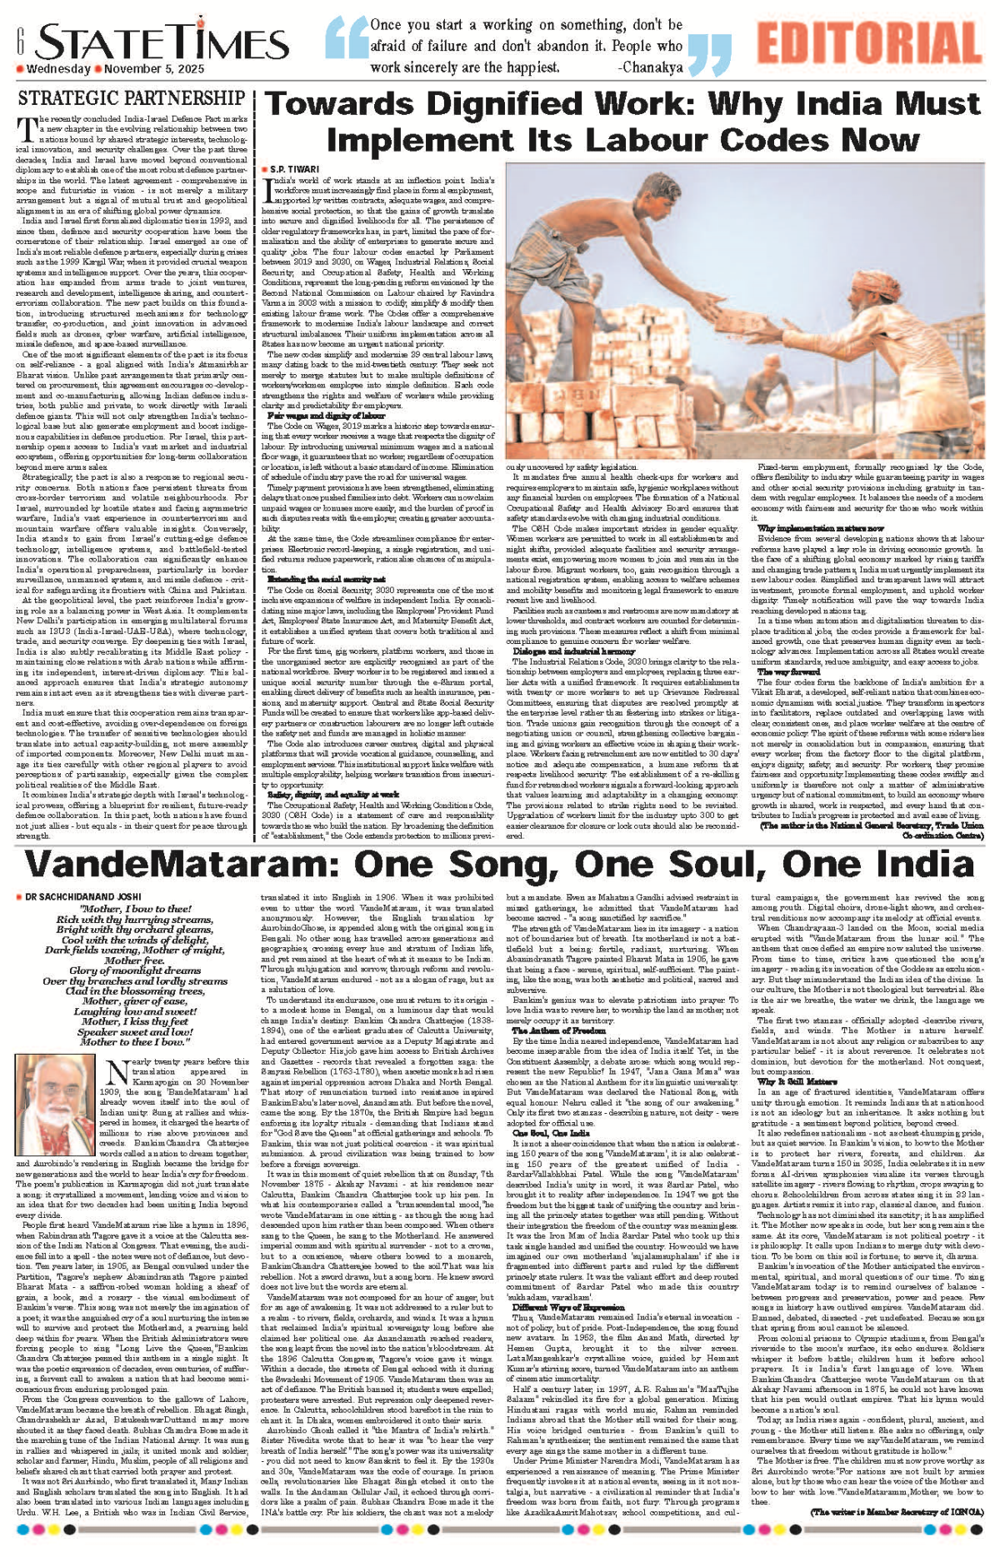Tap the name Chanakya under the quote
click(651, 67)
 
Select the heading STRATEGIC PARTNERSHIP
click(132, 98)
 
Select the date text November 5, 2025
click(155, 68)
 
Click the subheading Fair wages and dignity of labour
click(326, 415)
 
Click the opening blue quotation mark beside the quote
click(342, 43)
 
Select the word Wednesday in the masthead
click(58, 68)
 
